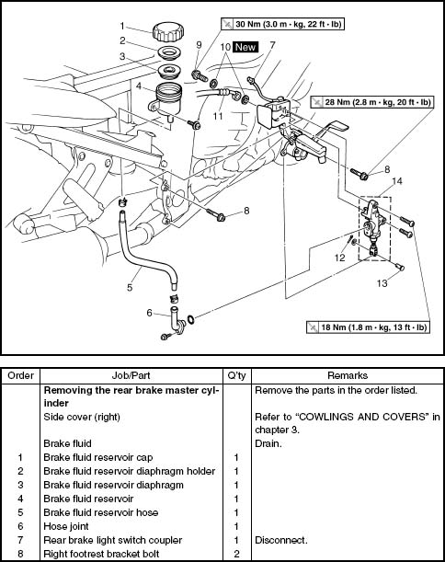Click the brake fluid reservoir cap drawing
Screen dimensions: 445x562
[168, 32]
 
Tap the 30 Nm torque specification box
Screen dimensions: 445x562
[282, 24]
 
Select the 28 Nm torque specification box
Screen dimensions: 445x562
[372, 102]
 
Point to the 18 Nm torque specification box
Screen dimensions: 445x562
[368, 327]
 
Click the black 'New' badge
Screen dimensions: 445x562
[245, 47]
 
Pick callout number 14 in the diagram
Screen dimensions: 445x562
[396, 181]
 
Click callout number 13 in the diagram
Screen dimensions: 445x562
[382, 283]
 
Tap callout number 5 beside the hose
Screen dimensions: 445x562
[130, 287]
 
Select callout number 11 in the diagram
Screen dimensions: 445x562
[218, 116]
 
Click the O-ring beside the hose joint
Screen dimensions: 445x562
[191, 318]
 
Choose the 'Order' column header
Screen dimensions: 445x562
[20, 375]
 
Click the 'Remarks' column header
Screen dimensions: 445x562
[348, 375]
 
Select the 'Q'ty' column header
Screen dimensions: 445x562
[236, 375]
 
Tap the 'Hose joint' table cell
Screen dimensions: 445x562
[66, 526]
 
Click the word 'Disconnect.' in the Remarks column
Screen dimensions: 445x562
[281, 540]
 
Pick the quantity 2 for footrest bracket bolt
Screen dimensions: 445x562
[236, 554]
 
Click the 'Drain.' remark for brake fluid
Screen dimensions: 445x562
[268, 443]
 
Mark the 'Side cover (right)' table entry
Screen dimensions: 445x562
[82, 417]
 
